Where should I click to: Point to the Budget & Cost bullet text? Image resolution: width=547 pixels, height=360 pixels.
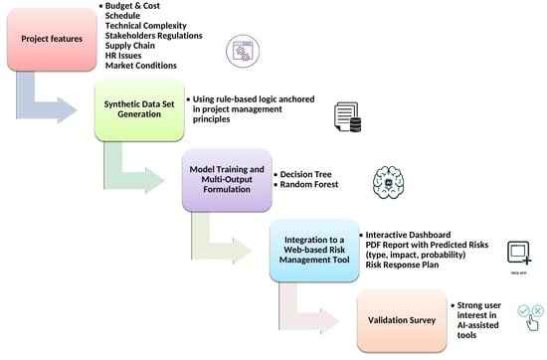pyautogui.click(x=132, y=7)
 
